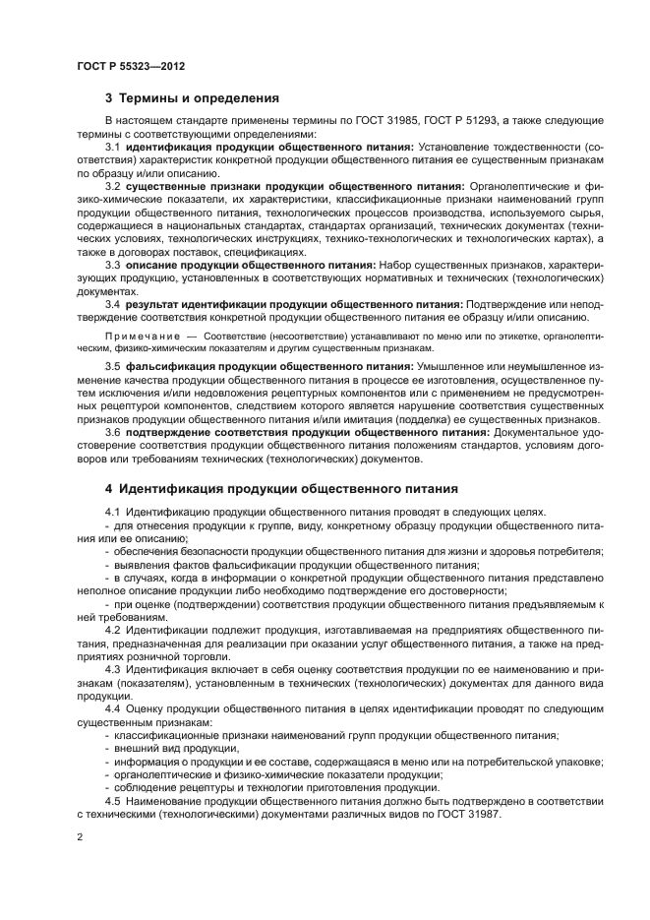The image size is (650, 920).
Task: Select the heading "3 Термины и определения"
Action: tap(193, 98)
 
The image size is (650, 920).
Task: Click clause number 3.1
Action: tap(112, 147)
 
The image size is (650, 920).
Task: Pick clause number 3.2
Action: tap(112, 186)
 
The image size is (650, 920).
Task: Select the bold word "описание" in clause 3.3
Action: tap(154, 266)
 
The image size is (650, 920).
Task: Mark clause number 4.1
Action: tap(112, 512)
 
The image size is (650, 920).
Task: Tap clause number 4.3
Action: tap(112, 669)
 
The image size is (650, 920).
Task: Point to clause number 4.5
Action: tap(112, 800)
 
